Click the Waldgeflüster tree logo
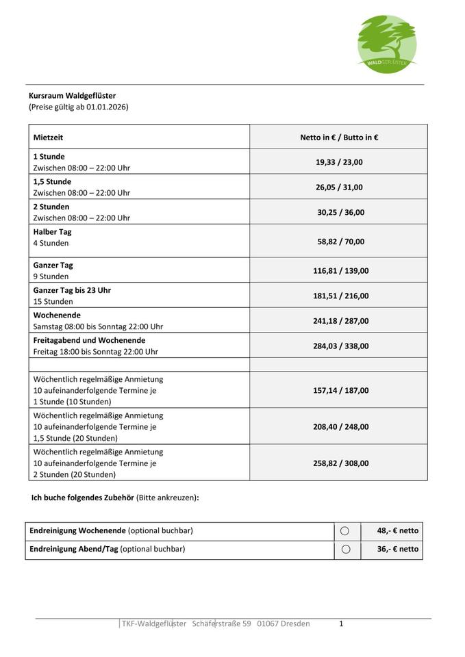pyautogui.click(x=387, y=43)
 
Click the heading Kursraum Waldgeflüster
pyautogui.click(x=72, y=96)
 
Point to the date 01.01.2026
pyautogui.click(x=107, y=107)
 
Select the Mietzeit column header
pyautogui.click(x=48, y=137)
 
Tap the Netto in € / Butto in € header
pyautogui.click(x=339, y=137)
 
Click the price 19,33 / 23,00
pyautogui.click(x=339, y=162)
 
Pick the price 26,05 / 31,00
pyautogui.click(x=339, y=187)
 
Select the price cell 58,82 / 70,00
pyautogui.click(x=339, y=241)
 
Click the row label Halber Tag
pyautogui.click(x=52, y=232)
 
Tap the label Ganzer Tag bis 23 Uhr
pyautogui.click(x=72, y=290)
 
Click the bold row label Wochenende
pyautogui.click(x=57, y=315)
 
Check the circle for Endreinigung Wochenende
pyautogui.click(x=345, y=531)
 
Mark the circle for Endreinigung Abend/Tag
pyautogui.click(x=345, y=549)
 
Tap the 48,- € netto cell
pyautogui.click(x=397, y=530)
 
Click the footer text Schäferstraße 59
pyautogui.click(x=222, y=623)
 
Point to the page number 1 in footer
pyautogui.click(x=341, y=623)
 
